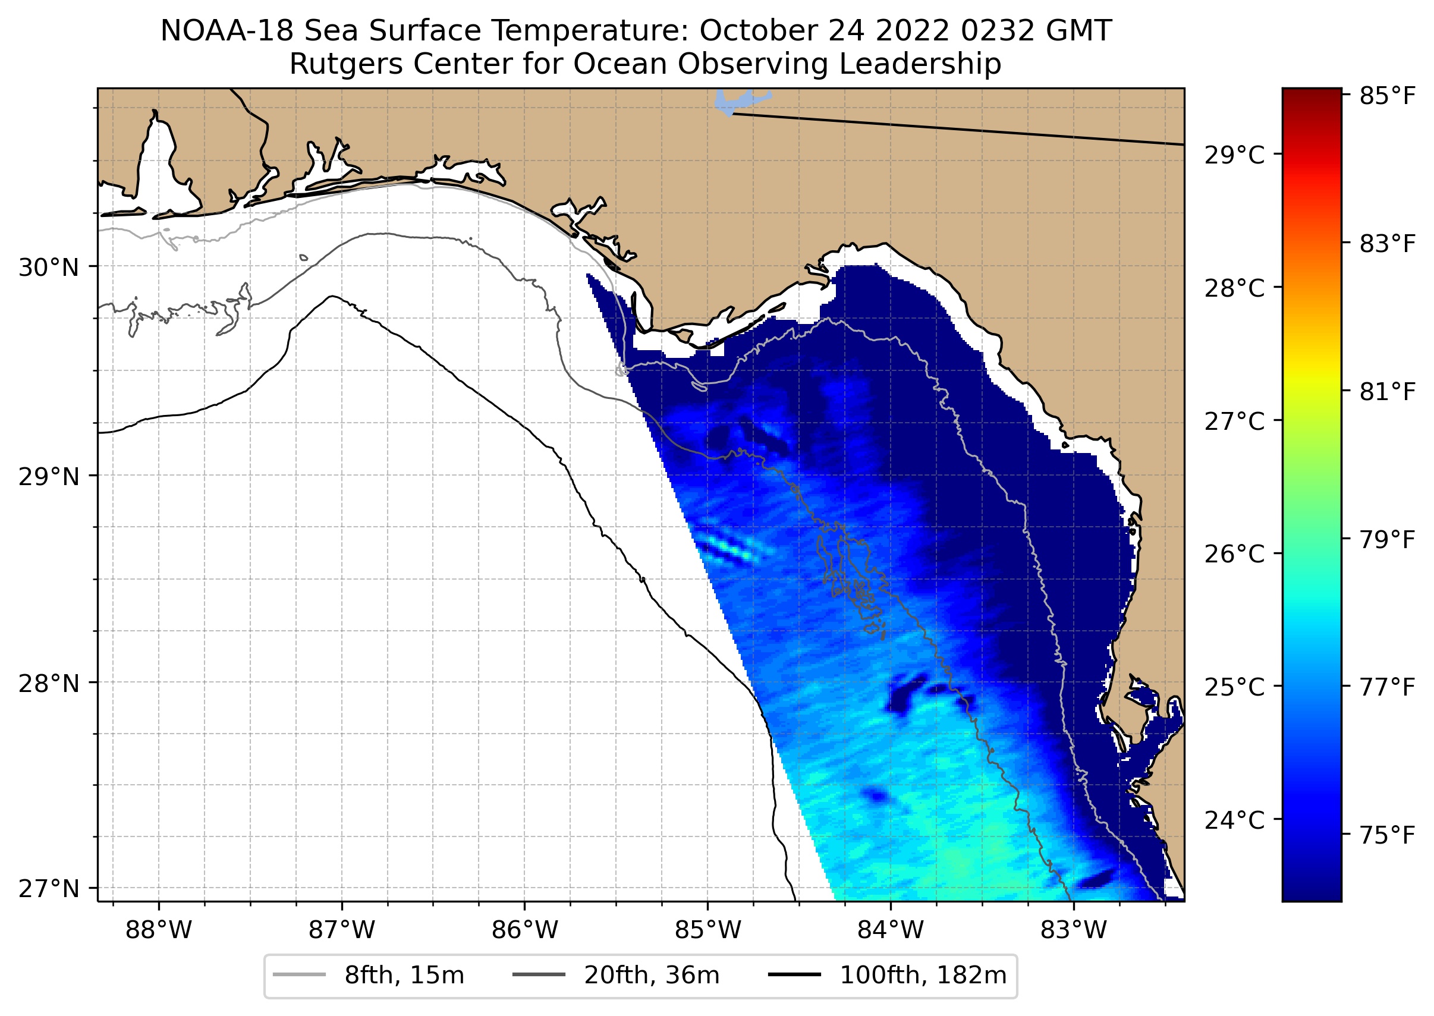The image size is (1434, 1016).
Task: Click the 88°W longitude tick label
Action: point(158,930)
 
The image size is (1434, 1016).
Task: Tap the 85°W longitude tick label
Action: point(707,930)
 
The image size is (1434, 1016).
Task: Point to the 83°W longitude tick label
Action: point(1074,930)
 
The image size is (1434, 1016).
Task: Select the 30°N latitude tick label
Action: point(49,268)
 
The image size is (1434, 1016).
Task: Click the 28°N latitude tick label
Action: point(49,684)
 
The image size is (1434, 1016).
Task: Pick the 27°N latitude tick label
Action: point(49,888)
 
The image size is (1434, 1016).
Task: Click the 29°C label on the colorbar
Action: point(1234,155)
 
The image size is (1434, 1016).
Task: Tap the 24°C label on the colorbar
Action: point(1234,820)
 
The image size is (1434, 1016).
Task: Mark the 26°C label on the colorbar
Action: point(1234,553)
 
